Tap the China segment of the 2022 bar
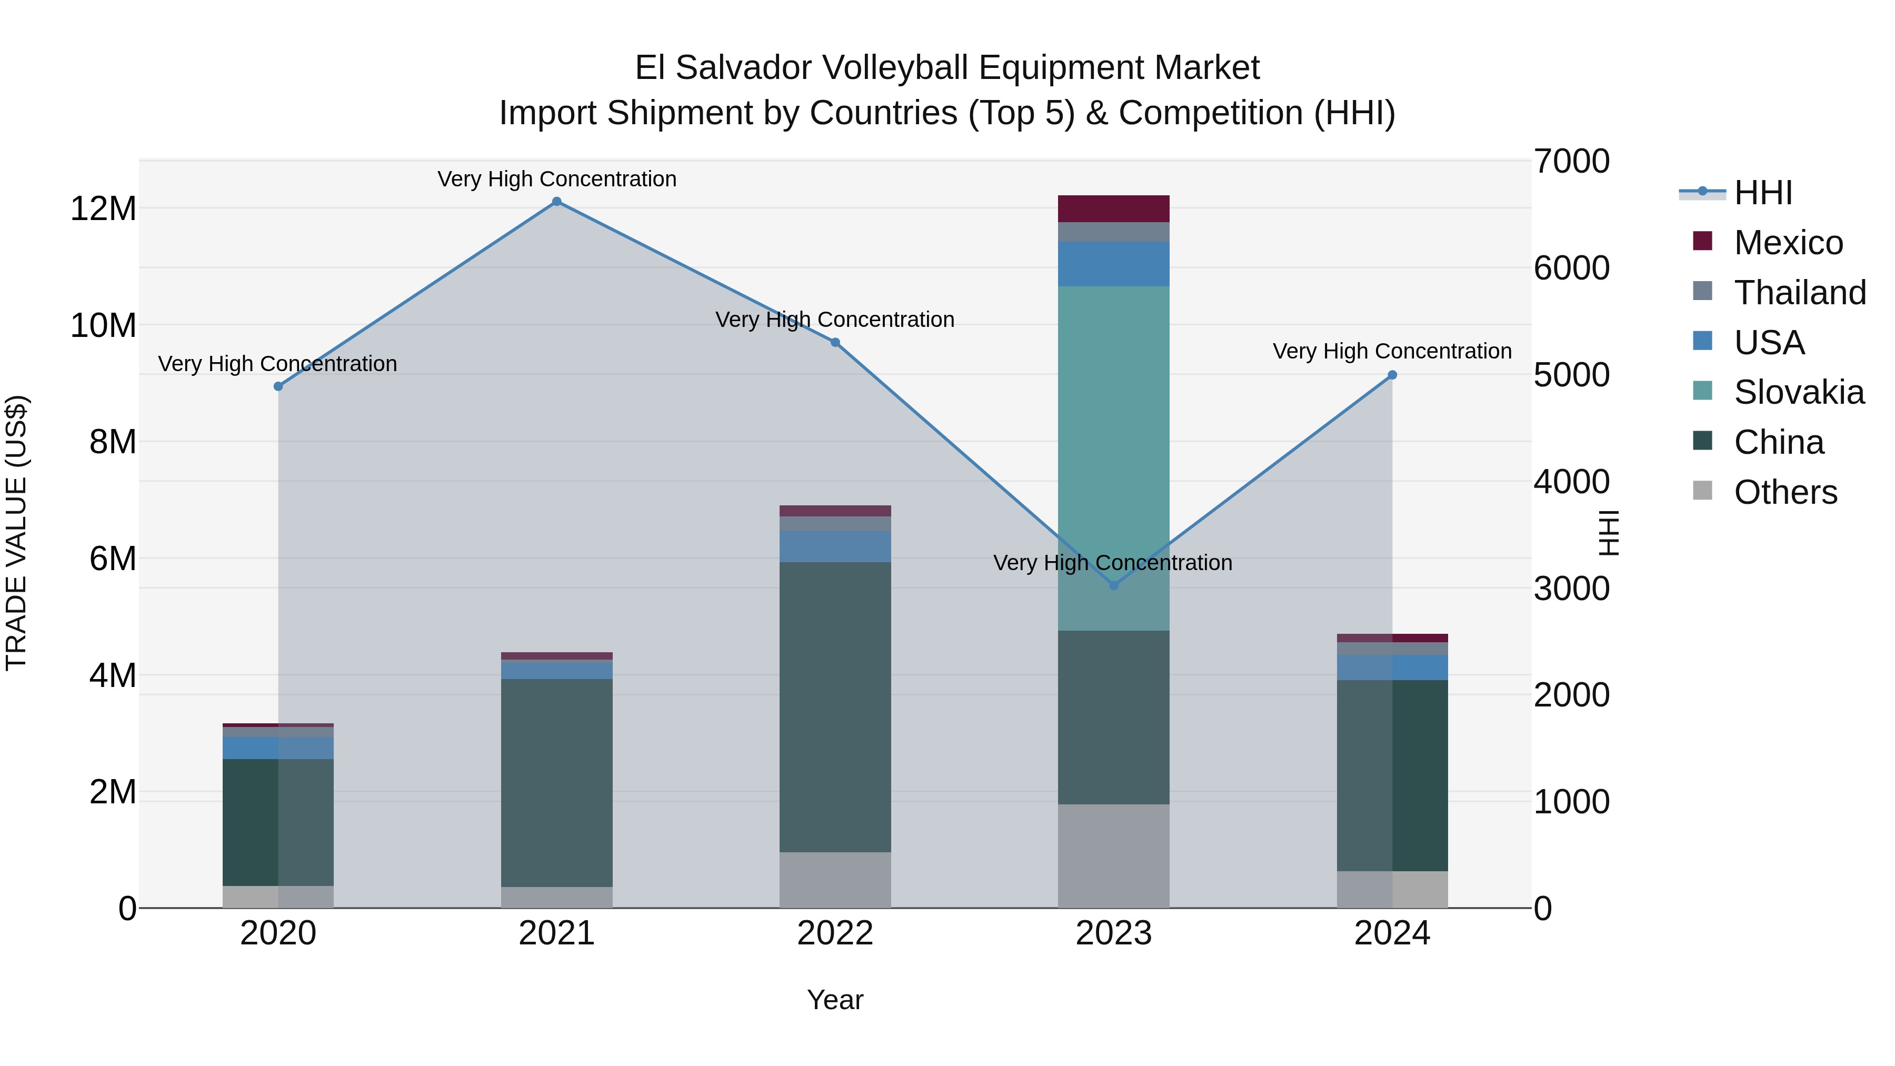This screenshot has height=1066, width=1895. [835, 706]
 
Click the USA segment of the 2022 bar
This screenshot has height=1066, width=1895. [835, 546]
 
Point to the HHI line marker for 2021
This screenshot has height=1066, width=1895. [557, 202]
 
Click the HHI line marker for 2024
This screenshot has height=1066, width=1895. [1392, 375]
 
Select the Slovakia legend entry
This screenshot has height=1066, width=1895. [1798, 392]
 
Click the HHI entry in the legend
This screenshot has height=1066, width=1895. [1762, 193]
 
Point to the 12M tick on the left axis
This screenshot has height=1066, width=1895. [103, 209]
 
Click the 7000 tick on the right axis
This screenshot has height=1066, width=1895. [1571, 162]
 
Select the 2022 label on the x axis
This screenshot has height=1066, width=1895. [835, 933]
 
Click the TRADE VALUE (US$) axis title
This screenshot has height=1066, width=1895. [16, 533]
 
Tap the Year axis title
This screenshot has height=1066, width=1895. [835, 1000]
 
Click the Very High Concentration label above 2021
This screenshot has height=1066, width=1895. [557, 179]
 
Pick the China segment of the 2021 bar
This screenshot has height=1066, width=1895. [557, 782]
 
